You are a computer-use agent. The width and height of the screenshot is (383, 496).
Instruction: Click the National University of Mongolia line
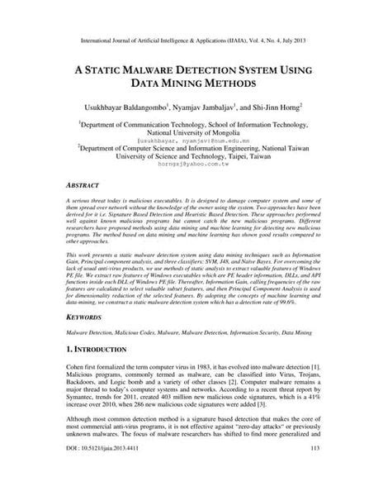tap(191, 131)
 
